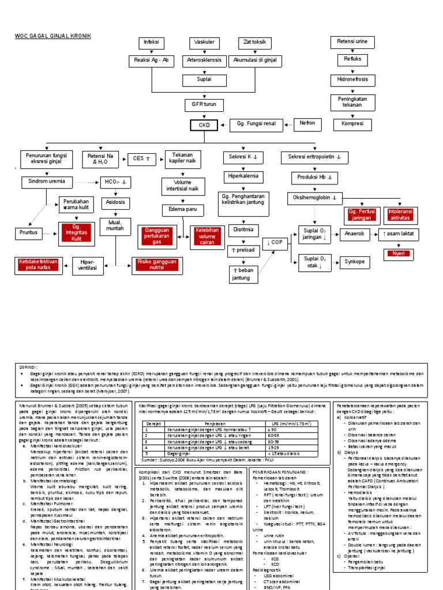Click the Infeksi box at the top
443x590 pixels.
(151, 43)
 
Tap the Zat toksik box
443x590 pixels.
(254, 43)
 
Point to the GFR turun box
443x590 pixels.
(204, 105)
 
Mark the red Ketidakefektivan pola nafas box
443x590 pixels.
(39, 264)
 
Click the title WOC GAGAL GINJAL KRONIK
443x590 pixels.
(52, 36)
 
